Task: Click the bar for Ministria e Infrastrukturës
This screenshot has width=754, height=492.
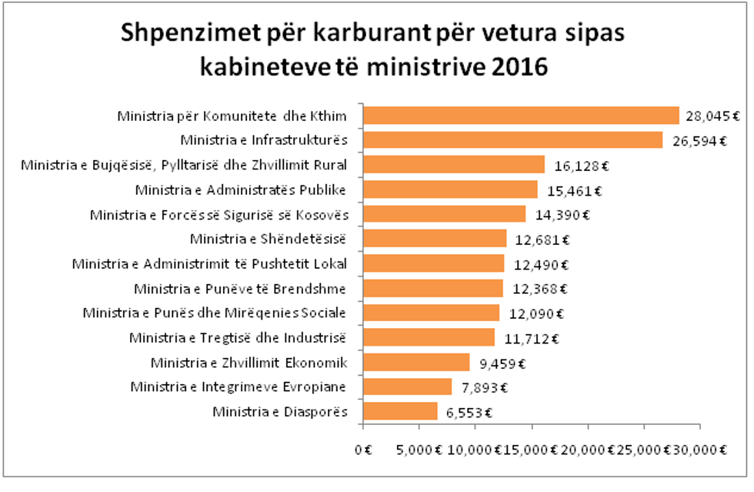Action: [x=512, y=140]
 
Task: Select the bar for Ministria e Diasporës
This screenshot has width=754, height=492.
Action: [x=400, y=411]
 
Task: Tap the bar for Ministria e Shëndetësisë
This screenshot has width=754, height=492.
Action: [x=435, y=239]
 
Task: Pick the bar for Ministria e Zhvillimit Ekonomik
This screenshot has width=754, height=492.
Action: [x=416, y=362]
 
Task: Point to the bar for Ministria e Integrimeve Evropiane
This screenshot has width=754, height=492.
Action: [x=407, y=387]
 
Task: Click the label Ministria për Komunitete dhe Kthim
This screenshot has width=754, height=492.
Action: [x=232, y=117]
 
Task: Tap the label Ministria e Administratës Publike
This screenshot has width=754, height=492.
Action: [x=240, y=189]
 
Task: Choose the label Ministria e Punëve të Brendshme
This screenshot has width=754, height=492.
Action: [x=239, y=289]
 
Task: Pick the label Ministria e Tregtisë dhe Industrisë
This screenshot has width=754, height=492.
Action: [x=238, y=337]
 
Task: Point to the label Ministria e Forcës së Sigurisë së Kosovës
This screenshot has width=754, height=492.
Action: [x=218, y=214]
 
